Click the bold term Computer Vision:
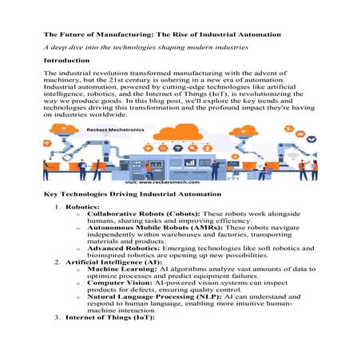click(x=121, y=314)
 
